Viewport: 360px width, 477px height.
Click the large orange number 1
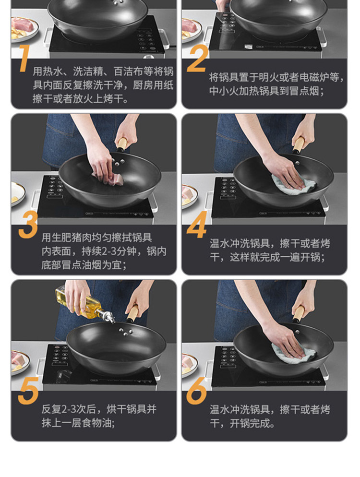tap(24, 59)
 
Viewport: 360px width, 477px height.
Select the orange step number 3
tap(28, 225)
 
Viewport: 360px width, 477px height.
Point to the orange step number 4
tap(197, 225)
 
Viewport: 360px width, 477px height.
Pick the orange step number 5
tap(28, 391)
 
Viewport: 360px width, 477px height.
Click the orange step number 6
tap(197, 391)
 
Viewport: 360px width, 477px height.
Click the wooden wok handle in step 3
tap(122, 143)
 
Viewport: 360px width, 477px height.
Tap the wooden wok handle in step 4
tap(299, 144)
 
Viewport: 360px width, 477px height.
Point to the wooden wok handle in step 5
tap(133, 314)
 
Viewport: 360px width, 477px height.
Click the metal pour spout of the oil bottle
tap(108, 317)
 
